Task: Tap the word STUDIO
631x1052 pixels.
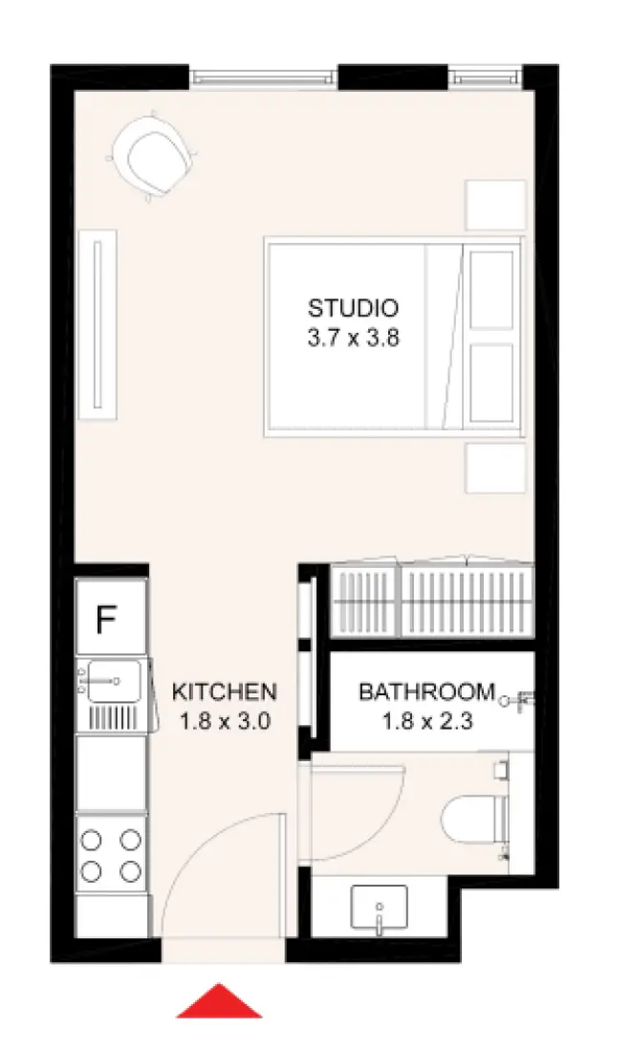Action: (x=353, y=309)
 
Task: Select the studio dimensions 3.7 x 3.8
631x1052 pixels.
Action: (x=353, y=339)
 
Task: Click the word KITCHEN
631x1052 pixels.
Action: (x=225, y=691)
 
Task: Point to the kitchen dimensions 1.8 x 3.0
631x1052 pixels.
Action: (x=225, y=721)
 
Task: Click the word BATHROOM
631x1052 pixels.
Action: (x=427, y=691)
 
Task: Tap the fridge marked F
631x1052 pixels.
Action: (x=107, y=621)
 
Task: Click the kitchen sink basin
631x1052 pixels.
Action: (x=114, y=681)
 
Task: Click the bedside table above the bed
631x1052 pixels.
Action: (x=495, y=205)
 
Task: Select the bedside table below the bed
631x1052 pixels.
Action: (x=495, y=467)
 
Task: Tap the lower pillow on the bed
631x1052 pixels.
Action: (x=492, y=383)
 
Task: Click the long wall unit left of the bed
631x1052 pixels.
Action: (x=97, y=323)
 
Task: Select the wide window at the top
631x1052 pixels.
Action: (x=264, y=76)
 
